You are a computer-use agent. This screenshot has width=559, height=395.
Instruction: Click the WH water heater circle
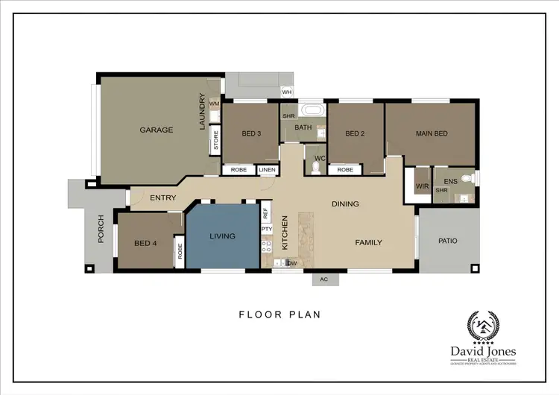pyautogui.click(x=287, y=92)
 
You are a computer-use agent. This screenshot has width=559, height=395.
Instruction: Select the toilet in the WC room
pyautogui.click(x=316, y=167)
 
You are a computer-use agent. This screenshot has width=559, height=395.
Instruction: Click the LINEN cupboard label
pyautogui.click(x=268, y=170)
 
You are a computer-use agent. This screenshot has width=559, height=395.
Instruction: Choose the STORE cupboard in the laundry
pyautogui.click(x=215, y=141)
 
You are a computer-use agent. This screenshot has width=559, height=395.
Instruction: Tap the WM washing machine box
pyautogui.click(x=213, y=104)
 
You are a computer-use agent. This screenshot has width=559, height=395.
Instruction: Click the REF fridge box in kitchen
pyautogui.click(x=266, y=212)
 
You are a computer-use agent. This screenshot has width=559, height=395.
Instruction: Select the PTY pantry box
pyautogui.click(x=266, y=230)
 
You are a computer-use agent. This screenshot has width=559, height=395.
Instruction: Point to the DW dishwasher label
pyautogui.click(x=293, y=263)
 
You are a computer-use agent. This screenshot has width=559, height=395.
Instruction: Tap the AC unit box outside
pyautogui.click(x=323, y=279)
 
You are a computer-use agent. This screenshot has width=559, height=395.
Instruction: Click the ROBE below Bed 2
pyautogui.click(x=345, y=170)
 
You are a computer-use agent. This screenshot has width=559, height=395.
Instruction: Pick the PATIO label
pyautogui.click(x=447, y=241)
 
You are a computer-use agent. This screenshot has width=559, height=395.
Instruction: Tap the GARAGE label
pyautogui.click(x=157, y=130)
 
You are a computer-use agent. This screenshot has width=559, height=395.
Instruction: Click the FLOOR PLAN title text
pyautogui.click(x=279, y=315)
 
